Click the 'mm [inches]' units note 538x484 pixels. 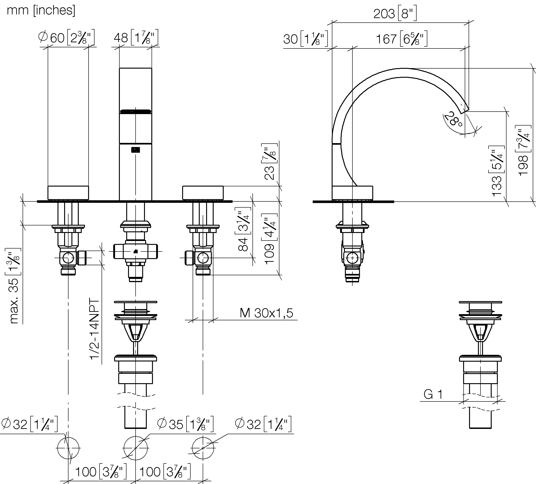[x=41, y=11]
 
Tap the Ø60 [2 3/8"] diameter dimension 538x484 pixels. [x=67, y=37]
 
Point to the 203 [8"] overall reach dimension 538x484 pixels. [x=395, y=13]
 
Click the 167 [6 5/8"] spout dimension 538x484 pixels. [x=402, y=39]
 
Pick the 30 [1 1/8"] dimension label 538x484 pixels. [x=306, y=39]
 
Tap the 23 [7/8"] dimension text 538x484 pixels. [x=269, y=162]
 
